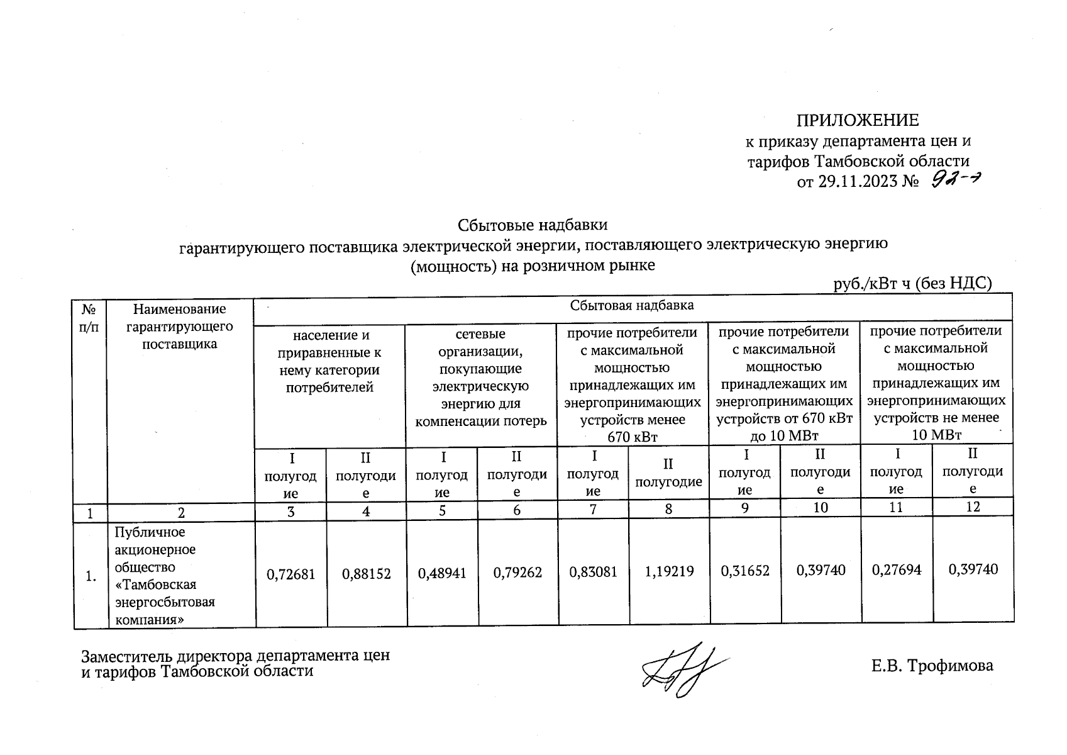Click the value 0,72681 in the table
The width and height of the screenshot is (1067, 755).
point(291,574)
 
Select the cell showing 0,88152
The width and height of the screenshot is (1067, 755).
point(366,574)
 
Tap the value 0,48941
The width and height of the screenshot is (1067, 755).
point(443,573)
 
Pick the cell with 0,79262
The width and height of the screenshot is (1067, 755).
point(517,573)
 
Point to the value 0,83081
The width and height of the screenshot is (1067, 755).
point(593,572)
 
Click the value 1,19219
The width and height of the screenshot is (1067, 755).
point(669,571)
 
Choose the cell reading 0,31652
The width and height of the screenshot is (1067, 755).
point(745,571)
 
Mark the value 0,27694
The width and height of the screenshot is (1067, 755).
point(897,570)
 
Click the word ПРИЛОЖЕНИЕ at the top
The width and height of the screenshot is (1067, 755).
point(858,120)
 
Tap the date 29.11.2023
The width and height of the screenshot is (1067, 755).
point(856,182)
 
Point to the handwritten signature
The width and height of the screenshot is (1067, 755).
point(679,671)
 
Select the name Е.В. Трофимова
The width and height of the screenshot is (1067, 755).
point(932,665)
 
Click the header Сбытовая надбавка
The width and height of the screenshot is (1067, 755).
point(632,306)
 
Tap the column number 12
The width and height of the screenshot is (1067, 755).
point(973,506)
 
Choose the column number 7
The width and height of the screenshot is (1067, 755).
point(593,509)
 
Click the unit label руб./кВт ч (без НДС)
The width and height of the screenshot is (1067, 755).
point(912,284)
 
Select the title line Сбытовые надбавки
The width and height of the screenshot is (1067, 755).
point(533,225)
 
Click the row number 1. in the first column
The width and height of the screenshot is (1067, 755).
point(91,575)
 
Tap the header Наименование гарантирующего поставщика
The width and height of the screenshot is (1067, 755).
point(180,327)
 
